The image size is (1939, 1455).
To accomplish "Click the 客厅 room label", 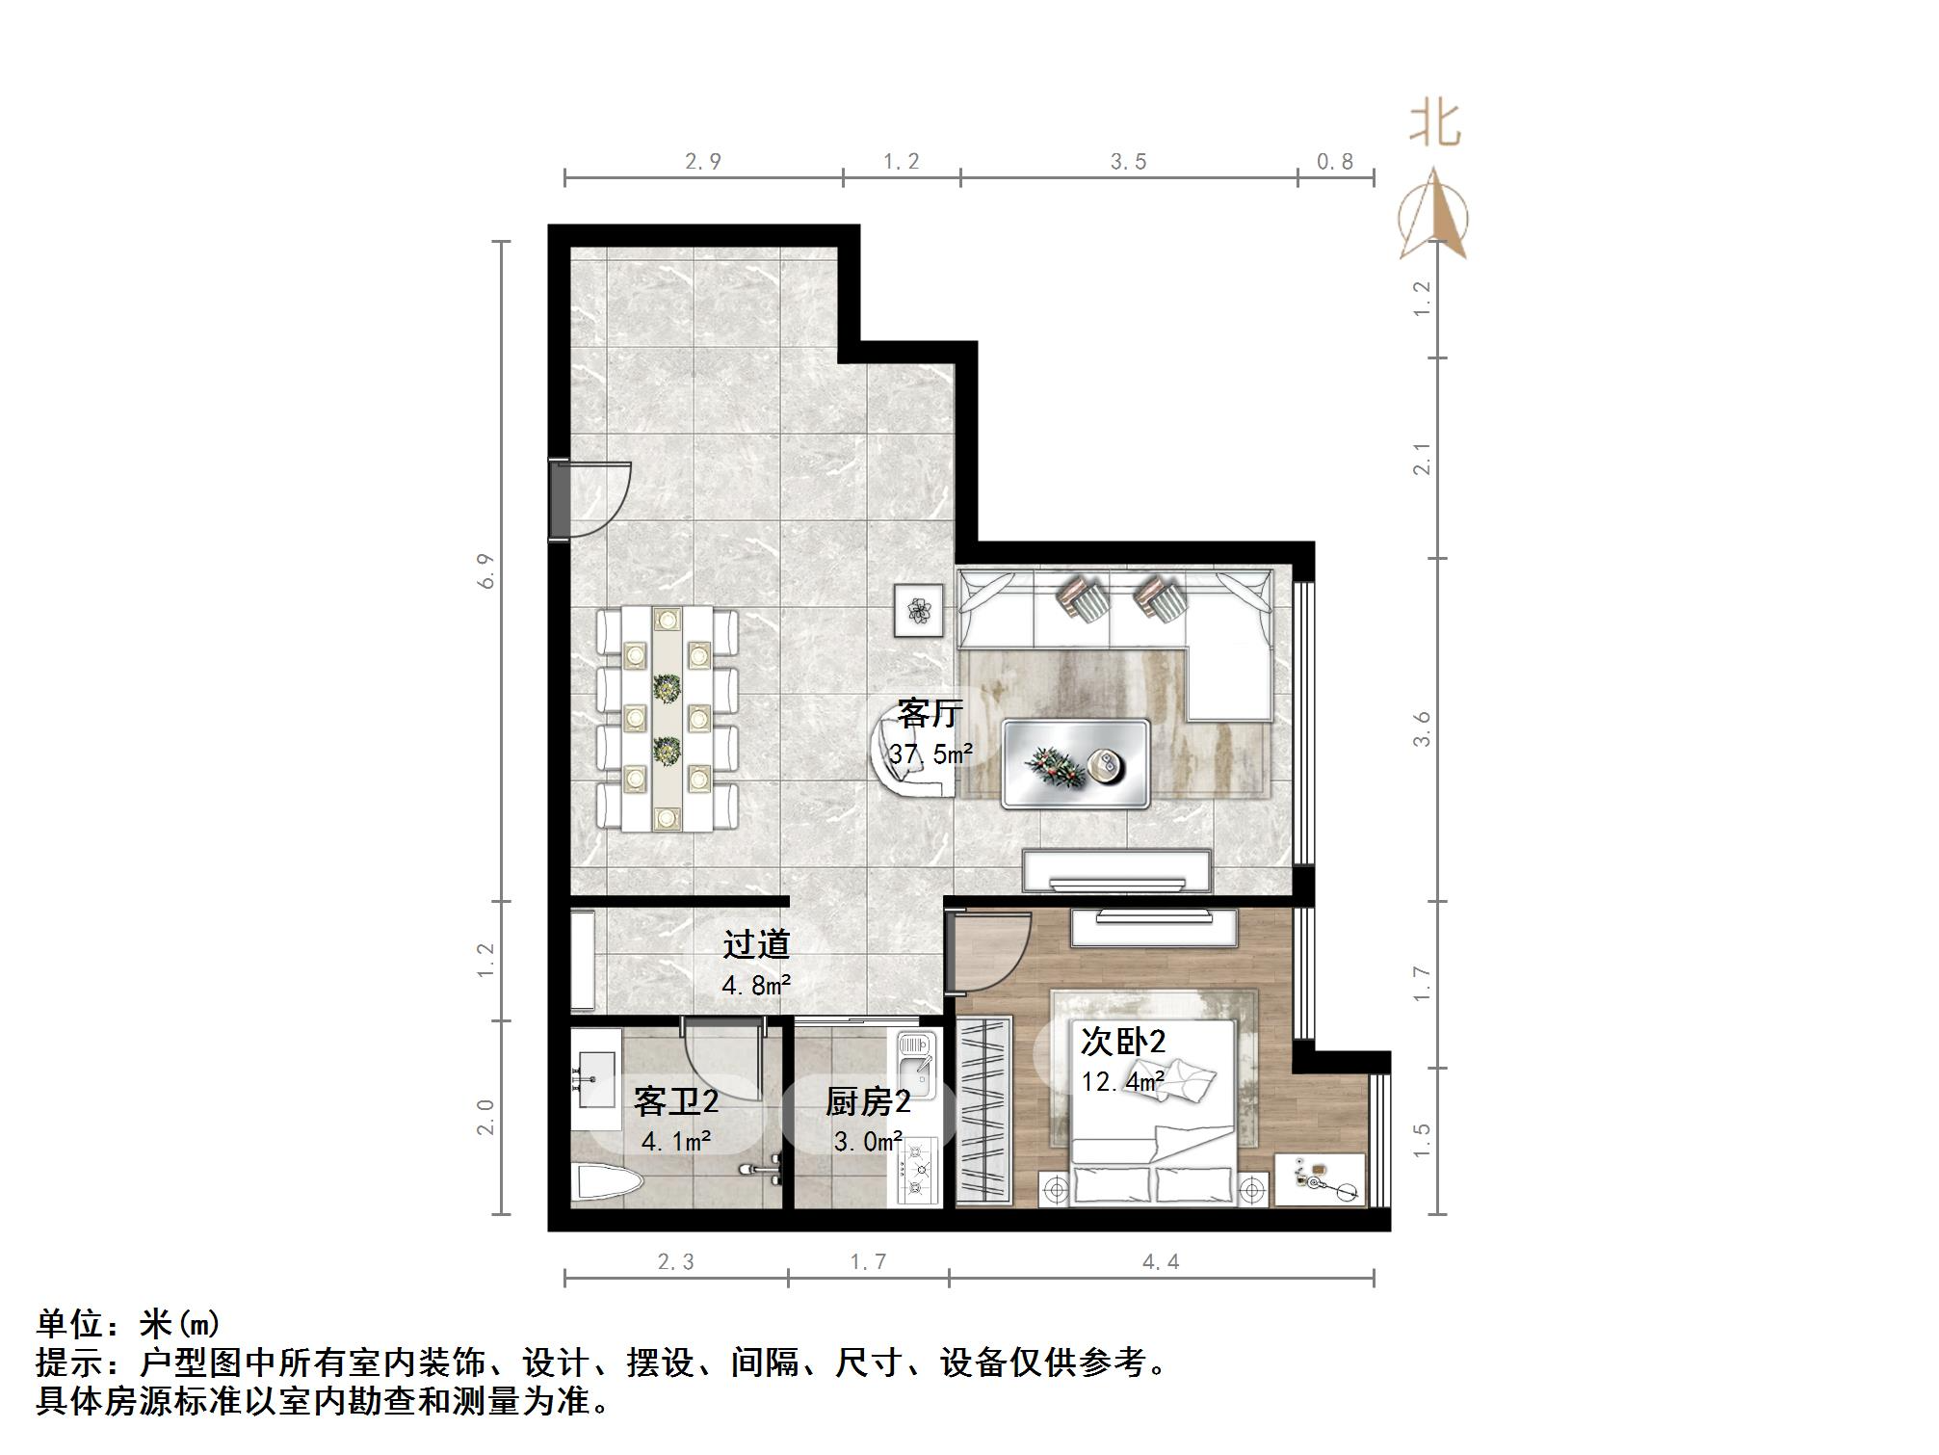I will pyautogui.click(x=930, y=715).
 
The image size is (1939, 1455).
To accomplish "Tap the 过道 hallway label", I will pyautogui.click(x=756, y=944).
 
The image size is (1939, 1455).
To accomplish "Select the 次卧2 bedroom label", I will pyautogui.click(x=1122, y=1042).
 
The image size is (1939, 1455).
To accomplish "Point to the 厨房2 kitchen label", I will pyautogui.click(x=867, y=1102).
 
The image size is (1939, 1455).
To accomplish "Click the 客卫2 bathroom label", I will pyautogui.click(x=675, y=1102).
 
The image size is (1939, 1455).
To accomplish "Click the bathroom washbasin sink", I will pyautogui.click(x=594, y=1080).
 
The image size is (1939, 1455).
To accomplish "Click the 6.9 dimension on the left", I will pyautogui.click(x=487, y=570).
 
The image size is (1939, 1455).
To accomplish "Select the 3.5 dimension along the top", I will pyautogui.click(x=1128, y=162).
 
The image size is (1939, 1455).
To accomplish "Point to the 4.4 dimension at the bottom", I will pyautogui.click(x=1161, y=1261).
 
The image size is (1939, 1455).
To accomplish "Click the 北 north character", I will pyautogui.click(x=1435, y=125).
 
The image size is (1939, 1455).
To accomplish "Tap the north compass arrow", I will pyautogui.click(x=1434, y=217).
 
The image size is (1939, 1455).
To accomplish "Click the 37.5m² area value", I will pyautogui.click(x=930, y=754).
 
